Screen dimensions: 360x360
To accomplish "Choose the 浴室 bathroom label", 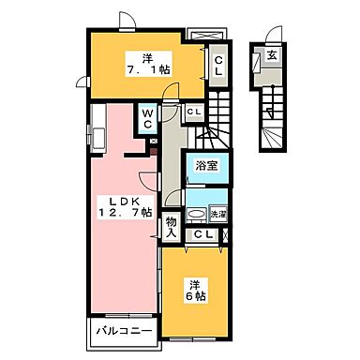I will [x=206, y=164].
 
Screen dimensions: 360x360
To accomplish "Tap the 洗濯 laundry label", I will [x=217, y=214].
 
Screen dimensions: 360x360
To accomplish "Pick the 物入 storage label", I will [x=172, y=228].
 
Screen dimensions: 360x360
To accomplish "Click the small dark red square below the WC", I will [x=154, y=142].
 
